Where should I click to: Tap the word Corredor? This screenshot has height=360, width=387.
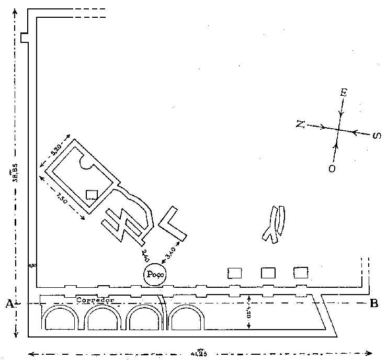pyautogui.click(x=95, y=300)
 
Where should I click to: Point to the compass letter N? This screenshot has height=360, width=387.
pyautogui.click(x=300, y=123)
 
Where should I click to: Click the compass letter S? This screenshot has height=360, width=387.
pyautogui.click(x=376, y=136)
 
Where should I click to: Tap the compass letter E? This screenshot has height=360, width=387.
pyautogui.click(x=344, y=93)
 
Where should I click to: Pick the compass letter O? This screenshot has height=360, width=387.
pyautogui.click(x=332, y=169)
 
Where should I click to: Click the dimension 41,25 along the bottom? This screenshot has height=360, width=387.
pyautogui.click(x=199, y=353)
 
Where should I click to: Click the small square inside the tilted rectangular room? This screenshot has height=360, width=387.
pyautogui.click(x=92, y=195)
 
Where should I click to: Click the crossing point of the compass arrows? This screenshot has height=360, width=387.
pyautogui.click(x=338, y=130)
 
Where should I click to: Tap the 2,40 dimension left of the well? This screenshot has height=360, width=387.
pyautogui.click(x=146, y=255)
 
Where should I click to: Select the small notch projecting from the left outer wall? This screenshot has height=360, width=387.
pyautogui.click(x=22, y=38)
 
